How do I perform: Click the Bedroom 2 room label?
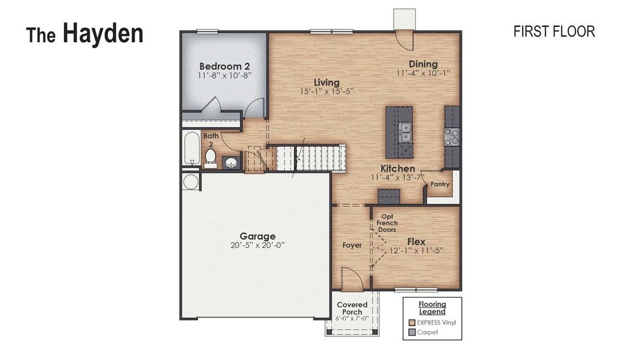224,66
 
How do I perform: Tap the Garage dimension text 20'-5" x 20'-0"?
258,245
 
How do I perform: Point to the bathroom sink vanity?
231,162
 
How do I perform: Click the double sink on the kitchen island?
406,132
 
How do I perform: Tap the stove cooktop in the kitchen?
451,137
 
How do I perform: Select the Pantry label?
440,185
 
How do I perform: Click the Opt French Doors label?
387,223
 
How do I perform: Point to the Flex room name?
416,241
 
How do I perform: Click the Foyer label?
352,245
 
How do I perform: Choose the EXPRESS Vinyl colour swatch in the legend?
412,322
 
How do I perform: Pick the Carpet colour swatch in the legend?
412,332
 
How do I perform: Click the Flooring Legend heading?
432,308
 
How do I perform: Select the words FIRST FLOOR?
554,32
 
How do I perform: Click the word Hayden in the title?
103,33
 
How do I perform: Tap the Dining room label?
423,64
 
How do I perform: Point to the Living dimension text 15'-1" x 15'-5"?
327,92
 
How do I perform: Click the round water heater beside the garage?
190,182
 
